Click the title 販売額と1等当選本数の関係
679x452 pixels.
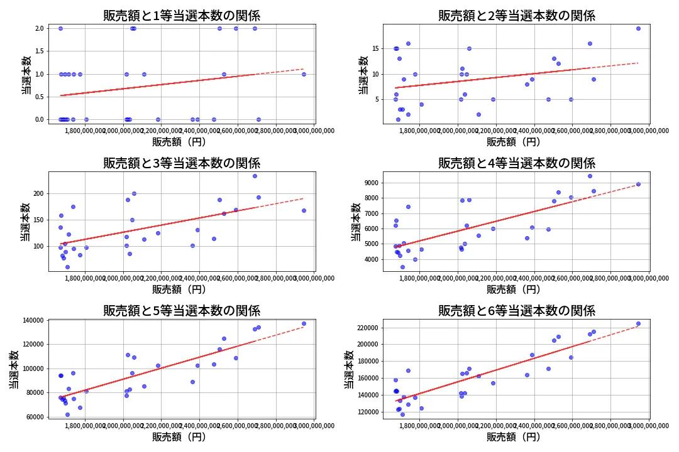(x=182, y=16)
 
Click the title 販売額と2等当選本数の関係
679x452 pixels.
(x=516, y=16)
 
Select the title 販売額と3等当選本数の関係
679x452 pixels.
(x=182, y=163)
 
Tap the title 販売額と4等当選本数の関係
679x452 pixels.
(x=516, y=163)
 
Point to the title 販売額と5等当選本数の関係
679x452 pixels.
(x=182, y=311)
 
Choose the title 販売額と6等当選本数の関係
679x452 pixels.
(x=516, y=311)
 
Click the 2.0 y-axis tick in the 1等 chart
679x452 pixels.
(x=39, y=28)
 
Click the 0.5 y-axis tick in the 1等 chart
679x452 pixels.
(x=39, y=97)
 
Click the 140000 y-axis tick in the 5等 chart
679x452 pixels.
(x=31, y=320)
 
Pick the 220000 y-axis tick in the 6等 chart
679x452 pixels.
(x=366, y=328)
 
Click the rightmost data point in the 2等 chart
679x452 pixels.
(x=638, y=28)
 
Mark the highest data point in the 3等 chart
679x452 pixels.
(x=255, y=176)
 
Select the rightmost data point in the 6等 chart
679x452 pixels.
(x=638, y=324)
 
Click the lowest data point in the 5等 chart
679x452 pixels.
(x=67, y=414)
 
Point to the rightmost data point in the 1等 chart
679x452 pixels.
(x=304, y=74)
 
